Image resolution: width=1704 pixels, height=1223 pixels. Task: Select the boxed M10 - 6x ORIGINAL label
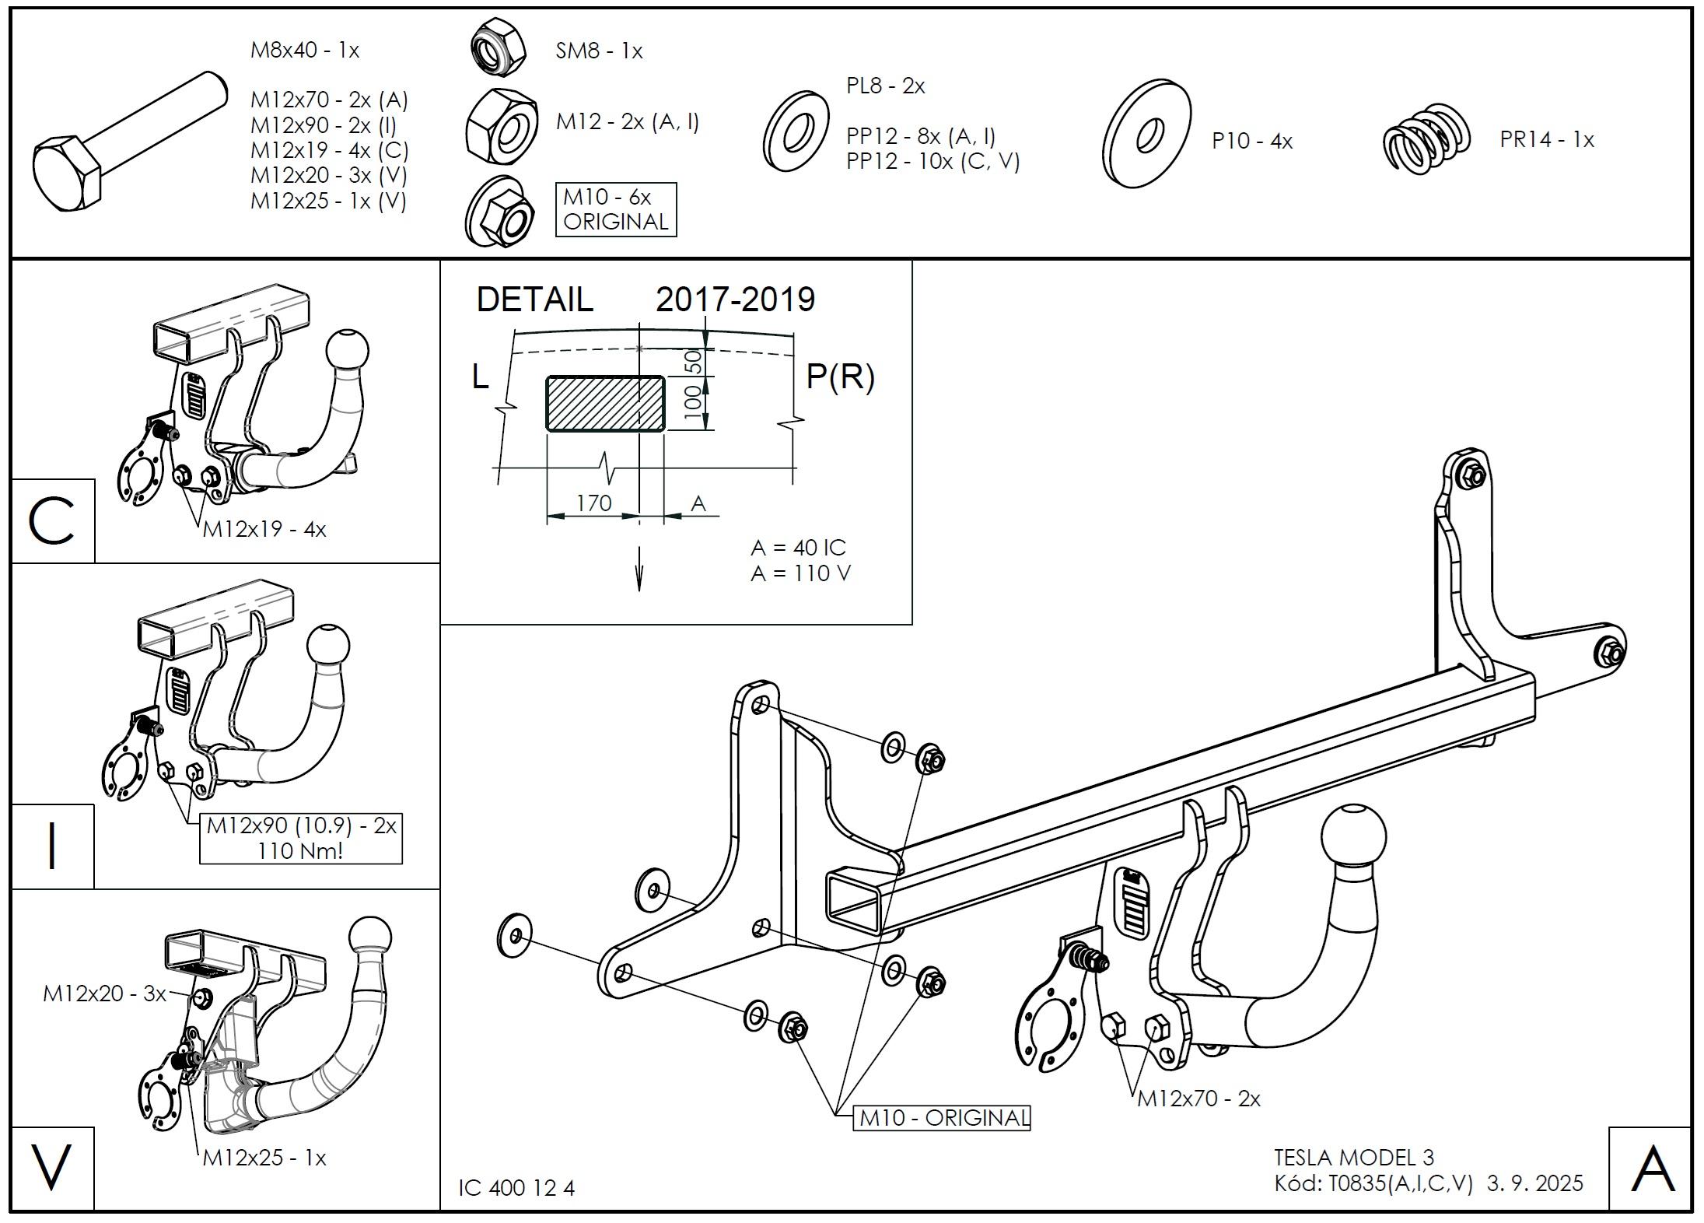616,209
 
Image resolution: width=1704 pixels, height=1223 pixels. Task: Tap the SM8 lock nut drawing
498,48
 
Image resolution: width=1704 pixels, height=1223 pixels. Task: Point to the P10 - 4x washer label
1252,142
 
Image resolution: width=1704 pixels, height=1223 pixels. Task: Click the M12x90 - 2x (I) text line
324,125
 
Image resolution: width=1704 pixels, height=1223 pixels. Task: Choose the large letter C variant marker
51,521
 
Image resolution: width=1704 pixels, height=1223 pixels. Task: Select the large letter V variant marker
51,1168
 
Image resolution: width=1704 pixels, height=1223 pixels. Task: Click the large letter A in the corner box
1652,1169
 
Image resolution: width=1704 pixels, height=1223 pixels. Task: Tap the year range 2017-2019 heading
735,300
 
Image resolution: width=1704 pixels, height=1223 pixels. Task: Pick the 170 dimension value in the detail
594,503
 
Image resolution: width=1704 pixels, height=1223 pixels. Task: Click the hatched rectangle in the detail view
605,403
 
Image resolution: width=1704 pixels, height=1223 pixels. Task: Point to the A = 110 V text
800,573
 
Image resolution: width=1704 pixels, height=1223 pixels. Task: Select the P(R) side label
840,377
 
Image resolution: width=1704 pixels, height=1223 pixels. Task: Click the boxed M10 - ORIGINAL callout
941,1118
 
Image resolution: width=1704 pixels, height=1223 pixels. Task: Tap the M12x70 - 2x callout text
1198,1099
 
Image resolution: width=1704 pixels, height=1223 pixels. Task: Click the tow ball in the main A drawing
1352,839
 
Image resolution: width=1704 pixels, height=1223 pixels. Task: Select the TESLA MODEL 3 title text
1354,1158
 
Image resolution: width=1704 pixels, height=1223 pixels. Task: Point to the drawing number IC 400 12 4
516,1188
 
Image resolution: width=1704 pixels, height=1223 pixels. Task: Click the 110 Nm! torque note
300,850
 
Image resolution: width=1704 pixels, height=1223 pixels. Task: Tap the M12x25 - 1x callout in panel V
264,1158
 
